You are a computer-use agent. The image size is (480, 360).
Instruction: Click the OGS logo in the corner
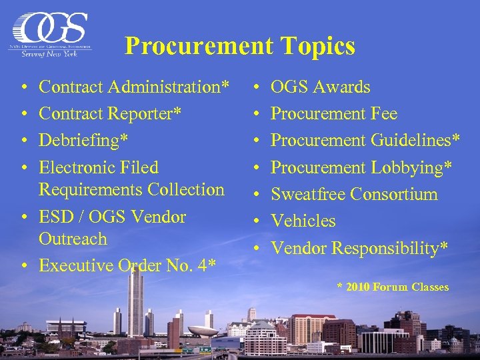point(51,34)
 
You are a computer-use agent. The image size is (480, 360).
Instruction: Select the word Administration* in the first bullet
point(171,87)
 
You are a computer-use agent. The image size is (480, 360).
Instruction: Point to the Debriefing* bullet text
point(84,140)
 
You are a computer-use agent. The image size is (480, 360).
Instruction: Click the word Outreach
point(73,239)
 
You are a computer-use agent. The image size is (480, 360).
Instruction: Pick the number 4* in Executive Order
point(207,265)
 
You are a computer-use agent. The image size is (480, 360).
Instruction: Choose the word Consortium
point(394,194)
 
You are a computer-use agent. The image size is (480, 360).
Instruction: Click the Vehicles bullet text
point(303,221)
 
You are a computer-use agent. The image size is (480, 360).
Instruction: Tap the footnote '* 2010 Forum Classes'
point(393,287)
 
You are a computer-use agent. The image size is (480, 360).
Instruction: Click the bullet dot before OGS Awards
point(257,87)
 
